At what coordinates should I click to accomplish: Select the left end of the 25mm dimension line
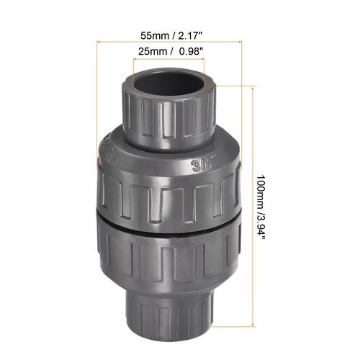(132, 59)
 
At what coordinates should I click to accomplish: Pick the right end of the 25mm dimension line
(209, 59)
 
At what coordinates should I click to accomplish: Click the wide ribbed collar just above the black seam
(169, 191)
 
